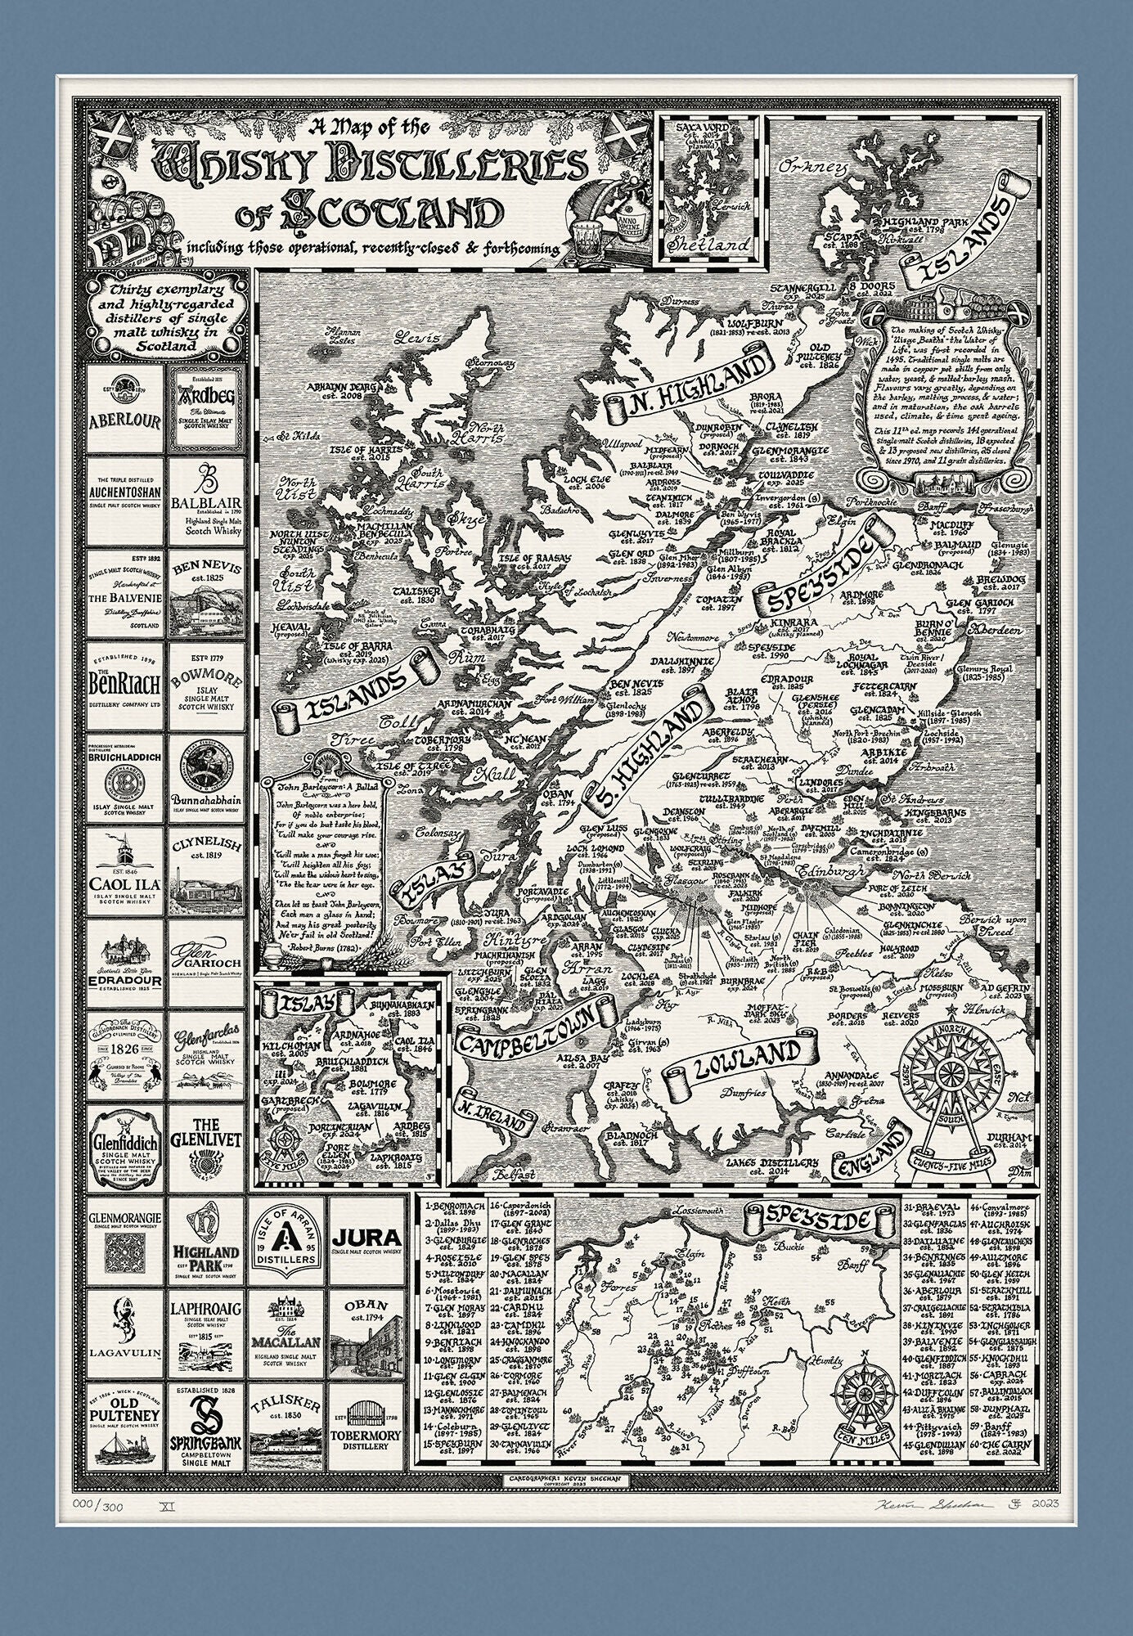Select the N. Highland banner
688,384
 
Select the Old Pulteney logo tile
124,1422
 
